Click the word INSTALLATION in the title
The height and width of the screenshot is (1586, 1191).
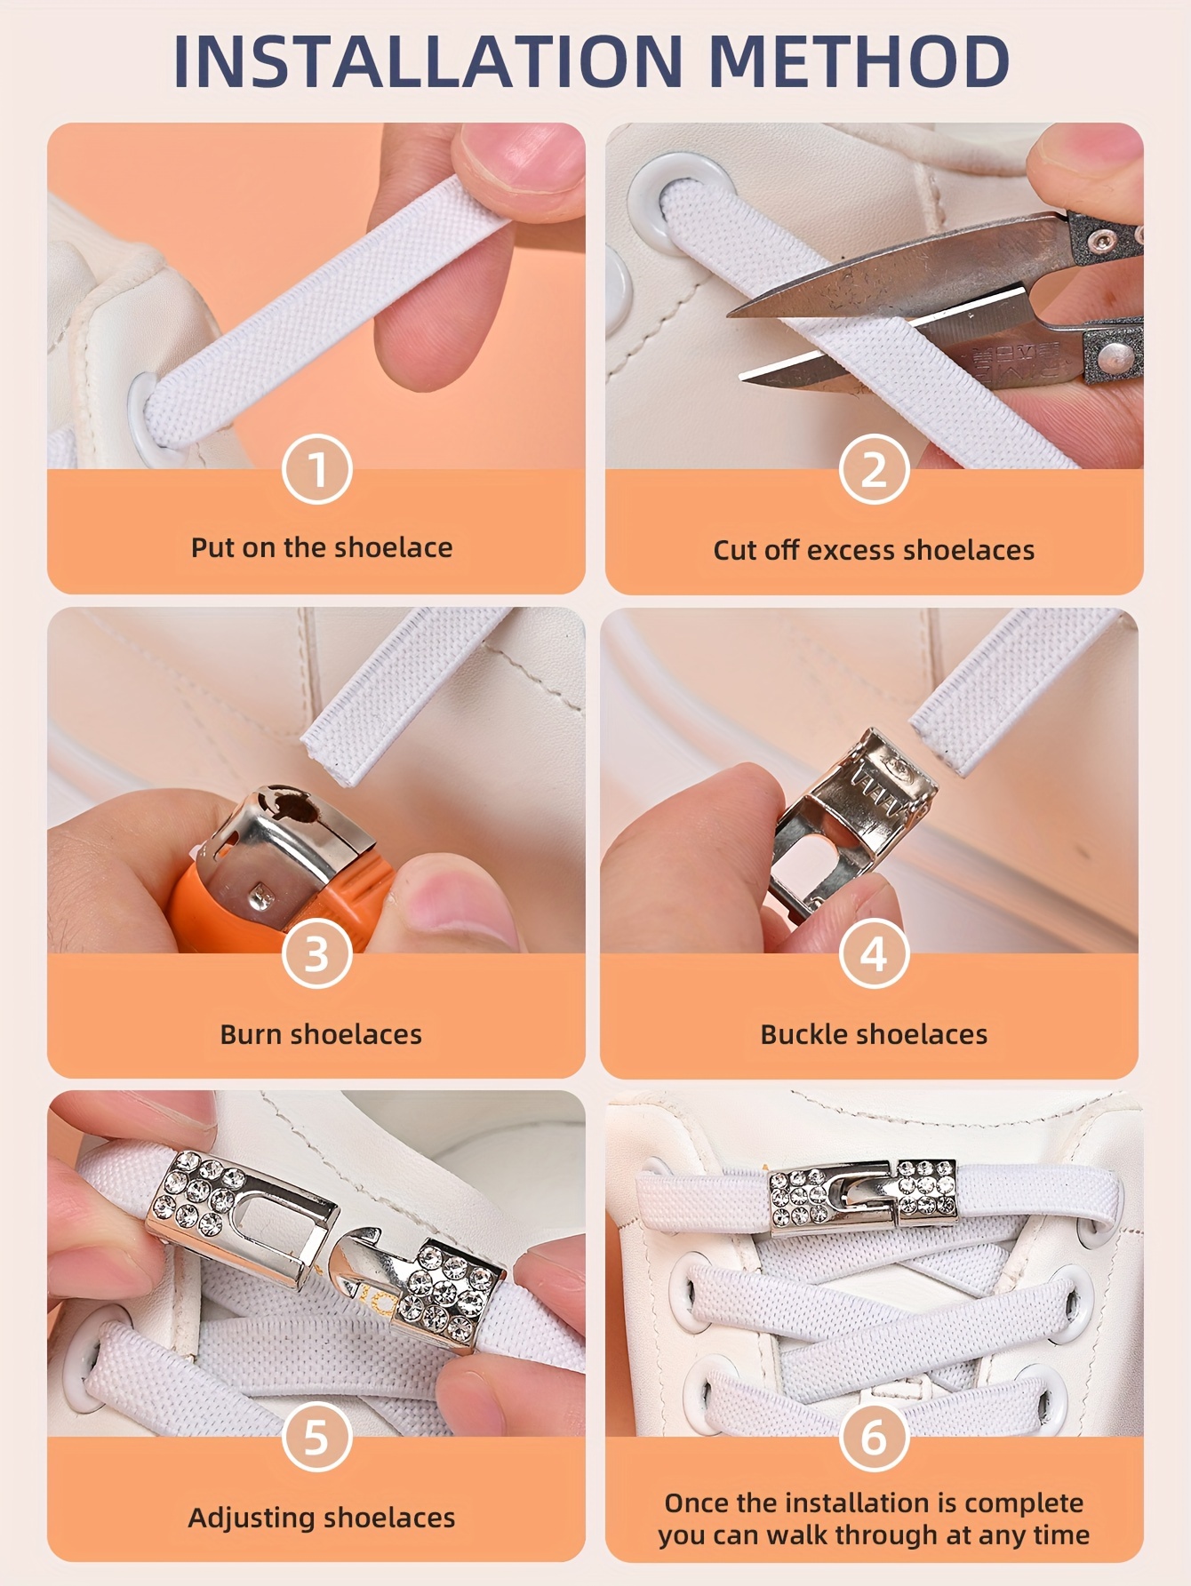click(x=427, y=62)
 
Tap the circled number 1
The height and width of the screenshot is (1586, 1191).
click(x=317, y=469)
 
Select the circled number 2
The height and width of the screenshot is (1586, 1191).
click(x=874, y=469)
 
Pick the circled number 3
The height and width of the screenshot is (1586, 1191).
click(x=317, y=954)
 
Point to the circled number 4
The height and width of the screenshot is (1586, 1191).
click(x=874, y=954)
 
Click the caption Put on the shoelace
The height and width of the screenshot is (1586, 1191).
click(x=322, y=547)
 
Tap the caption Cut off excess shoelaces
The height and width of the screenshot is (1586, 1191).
click(x=874, y=550)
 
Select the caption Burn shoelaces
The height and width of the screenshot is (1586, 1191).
click(x=321, y=1034)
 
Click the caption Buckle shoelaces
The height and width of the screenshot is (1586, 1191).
click(x=874, y=1034)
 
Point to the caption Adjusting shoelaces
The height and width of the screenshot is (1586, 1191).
click(x=322, y=1518)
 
